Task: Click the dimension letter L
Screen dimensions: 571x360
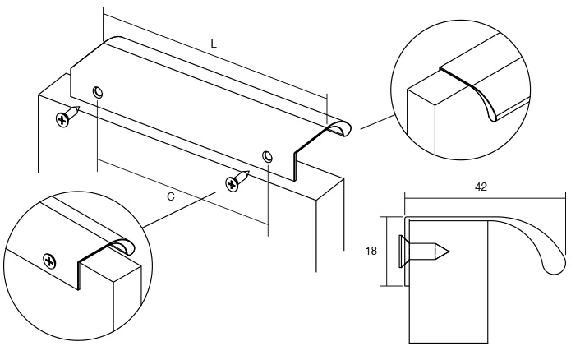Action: [x=214, y=44]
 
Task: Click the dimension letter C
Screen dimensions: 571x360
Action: [x=171, y=196]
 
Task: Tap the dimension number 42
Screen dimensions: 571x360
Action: [x=481, y=187]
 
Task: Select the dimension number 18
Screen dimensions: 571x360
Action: [x=371, y=251]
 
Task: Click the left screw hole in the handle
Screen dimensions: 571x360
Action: [x=98, y=92]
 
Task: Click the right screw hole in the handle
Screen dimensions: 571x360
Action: [x=268, y=156]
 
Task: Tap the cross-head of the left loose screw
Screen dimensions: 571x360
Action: [x=62, y=119]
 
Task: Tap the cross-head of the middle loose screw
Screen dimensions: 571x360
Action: [x=232, y=184]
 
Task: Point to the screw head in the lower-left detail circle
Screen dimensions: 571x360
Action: [x=49, y=261]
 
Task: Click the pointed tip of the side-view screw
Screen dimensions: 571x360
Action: [x=449, y=252]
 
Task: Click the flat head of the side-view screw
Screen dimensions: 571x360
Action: [x=403, y=252]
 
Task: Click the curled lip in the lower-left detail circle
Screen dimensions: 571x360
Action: [x=122, y=246]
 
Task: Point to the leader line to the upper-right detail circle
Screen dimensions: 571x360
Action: [x=377, y=122]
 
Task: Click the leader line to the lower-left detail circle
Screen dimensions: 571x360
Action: [x=180, y=210]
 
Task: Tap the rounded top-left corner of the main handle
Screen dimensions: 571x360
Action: [x=113, y=38]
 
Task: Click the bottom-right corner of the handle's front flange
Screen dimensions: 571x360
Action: [x=293, y=180]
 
